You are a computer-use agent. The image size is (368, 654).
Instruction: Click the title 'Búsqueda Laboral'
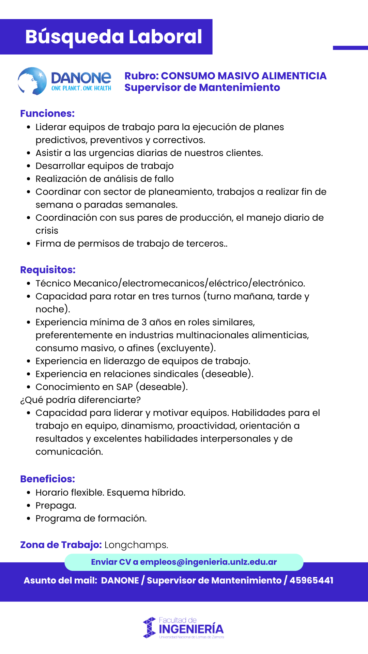(x=113, y=37)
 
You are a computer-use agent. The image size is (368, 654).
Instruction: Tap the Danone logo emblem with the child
(x=32, y=81)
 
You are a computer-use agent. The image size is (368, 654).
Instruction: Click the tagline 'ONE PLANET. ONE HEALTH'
(x=81, y=88)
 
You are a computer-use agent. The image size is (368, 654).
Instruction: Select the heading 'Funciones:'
(x=47, y=113)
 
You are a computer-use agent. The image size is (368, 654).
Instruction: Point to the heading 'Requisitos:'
(x=48, y=270)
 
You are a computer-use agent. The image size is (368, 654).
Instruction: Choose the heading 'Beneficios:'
(x=47, y=479)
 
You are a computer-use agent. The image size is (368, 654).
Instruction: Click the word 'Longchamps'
(x=136, y=545)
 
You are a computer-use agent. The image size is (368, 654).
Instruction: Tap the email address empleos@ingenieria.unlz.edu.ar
(x=208, y=562)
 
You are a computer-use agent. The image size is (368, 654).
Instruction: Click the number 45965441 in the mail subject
(x=311, y=580)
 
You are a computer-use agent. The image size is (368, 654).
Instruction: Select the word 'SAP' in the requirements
(x=124, y=387)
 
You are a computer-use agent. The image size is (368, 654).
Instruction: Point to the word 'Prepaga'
(x=56, y=505)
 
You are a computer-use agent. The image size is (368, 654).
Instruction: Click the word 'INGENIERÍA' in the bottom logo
(x=191, y=629)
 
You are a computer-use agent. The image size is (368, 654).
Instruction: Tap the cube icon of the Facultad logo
(x=149, y=628)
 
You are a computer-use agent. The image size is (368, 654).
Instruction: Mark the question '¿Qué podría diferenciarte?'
(x=80, y=400)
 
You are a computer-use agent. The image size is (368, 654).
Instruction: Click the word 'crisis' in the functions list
(x=47, y=231)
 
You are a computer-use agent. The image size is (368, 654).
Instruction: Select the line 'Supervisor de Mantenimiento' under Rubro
(x=202, y=88)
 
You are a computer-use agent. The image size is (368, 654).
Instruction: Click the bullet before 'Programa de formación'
(x=29, y=518)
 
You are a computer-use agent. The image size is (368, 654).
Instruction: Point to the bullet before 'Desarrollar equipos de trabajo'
(x=29, y=166)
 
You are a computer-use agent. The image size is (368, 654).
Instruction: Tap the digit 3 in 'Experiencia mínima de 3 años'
(x=144, y=322)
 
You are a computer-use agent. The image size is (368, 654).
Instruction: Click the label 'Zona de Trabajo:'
(x=61, y=545)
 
